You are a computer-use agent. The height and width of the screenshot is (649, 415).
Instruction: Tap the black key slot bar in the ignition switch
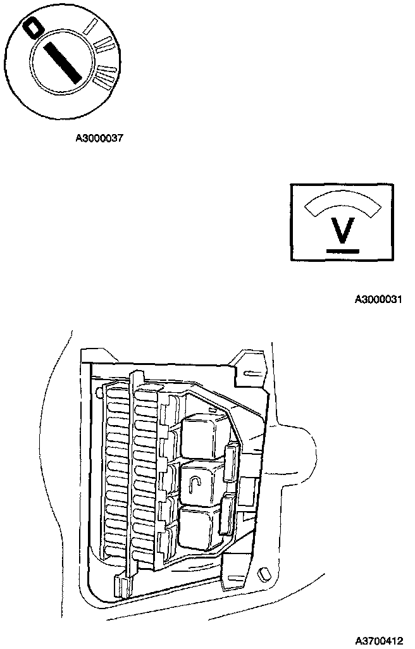pos(61,59)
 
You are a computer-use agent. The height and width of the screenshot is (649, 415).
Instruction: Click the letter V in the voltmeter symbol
pos(342,232)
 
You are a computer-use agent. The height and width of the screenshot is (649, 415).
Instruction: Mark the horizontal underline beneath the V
pos(342,251)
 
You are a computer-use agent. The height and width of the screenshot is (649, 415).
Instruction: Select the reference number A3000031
pos(378,299)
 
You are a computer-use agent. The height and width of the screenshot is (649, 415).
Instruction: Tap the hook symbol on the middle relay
pos(195,485)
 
